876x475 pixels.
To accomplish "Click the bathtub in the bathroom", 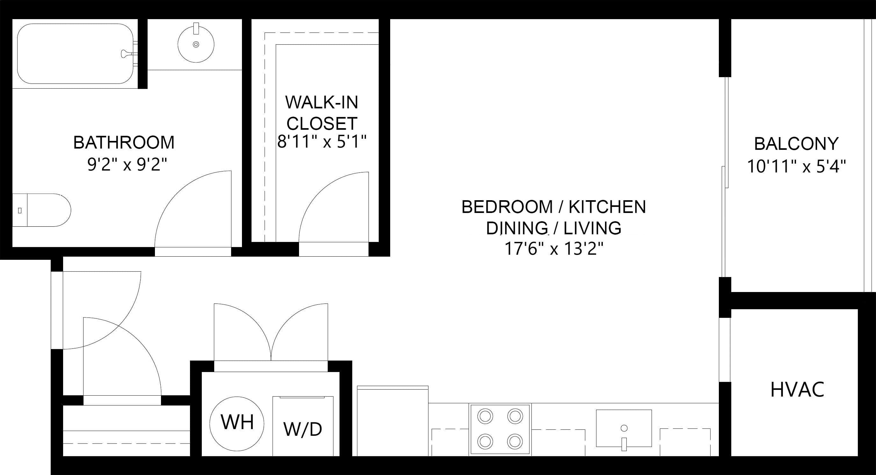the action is [x=76, y=54].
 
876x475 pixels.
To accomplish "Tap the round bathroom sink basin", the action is [x=196, y=44].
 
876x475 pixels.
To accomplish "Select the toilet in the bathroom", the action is [x=41, y=210].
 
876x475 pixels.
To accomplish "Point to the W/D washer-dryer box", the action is [x=303, y=426].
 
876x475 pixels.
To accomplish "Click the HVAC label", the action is [x=798, y=390].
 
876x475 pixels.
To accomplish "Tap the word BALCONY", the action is [x=796, y=144].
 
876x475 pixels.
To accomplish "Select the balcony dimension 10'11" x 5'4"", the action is [x=796, y=167].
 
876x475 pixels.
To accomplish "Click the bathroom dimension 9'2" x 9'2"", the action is [x=128, y=165].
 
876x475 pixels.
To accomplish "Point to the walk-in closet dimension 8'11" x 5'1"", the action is [x=322, y=142].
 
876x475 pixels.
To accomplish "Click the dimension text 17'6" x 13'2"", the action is [x=554, y=249].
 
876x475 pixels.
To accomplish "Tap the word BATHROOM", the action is [x=124, y=142].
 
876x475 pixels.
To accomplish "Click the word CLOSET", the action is [x=322, y=123].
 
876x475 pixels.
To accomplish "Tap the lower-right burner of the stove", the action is [x=515, y=442].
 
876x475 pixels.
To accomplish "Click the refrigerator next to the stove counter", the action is [x=392, y=421].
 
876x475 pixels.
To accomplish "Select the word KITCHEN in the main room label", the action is [x=607, y=207].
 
